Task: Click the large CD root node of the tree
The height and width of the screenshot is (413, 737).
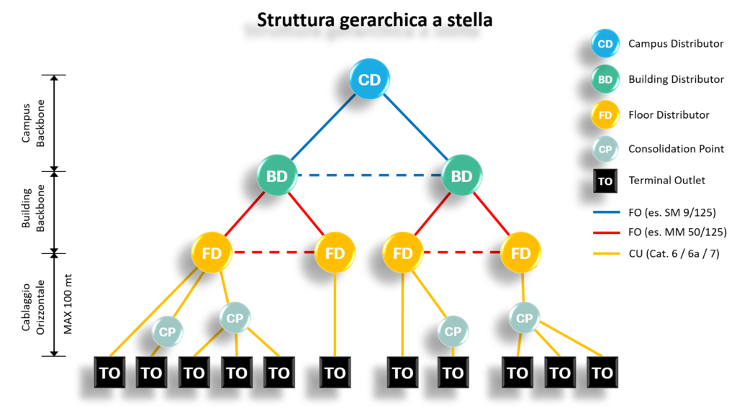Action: click(x=369, y=79)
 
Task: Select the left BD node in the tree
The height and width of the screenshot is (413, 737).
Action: click(x=277, y=176)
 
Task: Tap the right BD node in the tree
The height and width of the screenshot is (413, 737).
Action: click(x=461, y=176)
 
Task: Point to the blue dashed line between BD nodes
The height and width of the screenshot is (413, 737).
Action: click(x=369, y=175)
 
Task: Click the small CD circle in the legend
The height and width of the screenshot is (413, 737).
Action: click(x=605, y=43)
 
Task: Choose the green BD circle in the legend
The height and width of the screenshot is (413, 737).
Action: click(x=605, y=79)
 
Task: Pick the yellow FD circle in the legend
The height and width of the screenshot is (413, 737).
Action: click(x=605, y=114)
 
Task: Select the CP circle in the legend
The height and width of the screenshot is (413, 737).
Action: click(x=605, y=149)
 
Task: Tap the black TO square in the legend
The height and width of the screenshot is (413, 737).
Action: click(x=605, y=181)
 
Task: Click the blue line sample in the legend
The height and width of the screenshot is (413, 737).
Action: click(x=606, y=212)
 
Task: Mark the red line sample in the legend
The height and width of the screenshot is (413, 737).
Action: click(x=606, y=233)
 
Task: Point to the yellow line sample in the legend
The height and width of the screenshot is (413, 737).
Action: click(x=606, y=254)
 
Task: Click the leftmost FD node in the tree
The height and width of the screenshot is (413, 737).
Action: click(x=212, y=253)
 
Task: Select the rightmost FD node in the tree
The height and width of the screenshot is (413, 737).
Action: click(x=520, y=253)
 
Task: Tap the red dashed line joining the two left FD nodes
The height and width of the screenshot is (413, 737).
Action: click(x=273, y=253)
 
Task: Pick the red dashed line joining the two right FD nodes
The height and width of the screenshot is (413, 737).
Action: click(x=461, y=253)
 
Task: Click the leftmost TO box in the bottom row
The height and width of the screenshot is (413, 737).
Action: click(x=109, y=373)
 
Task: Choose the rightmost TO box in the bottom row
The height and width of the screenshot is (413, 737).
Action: click(x=602, y=373)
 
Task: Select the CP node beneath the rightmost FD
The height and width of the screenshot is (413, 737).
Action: click(x=524, y=317)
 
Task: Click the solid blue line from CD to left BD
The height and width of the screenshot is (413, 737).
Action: click(x=324, y=127)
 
